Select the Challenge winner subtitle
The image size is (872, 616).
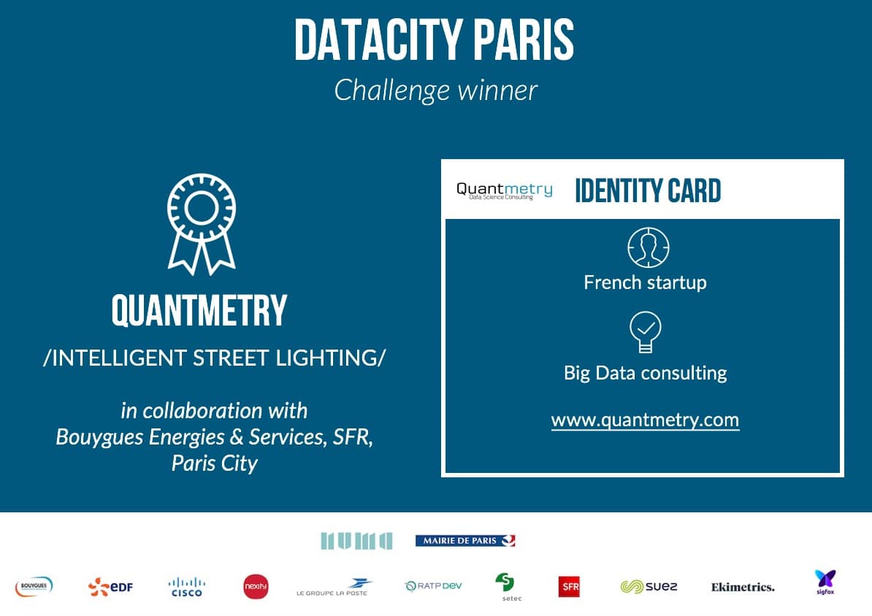coord(435,91)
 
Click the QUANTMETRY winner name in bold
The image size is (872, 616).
coord(199,310)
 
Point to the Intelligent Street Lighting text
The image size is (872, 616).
coord(214,358)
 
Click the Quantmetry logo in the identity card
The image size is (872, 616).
coord(505,190)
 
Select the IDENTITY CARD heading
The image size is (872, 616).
coord(648,190)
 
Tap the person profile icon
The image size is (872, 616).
coord(649,247)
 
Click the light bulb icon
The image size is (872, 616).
coord(645,332)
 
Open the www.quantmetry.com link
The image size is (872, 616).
coord(645,420)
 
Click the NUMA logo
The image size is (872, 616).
coord(356,540)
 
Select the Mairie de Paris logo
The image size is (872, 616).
coord(465,540)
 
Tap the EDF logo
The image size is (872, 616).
coord(111,587)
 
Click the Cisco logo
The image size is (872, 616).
coord(187,587)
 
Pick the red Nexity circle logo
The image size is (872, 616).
coord(256,587)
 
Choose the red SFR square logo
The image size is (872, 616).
coord(569,587)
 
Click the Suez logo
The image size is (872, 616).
coord(649,587)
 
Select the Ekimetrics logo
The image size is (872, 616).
coord(743,587)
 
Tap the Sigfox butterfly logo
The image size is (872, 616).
coord(825,582)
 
